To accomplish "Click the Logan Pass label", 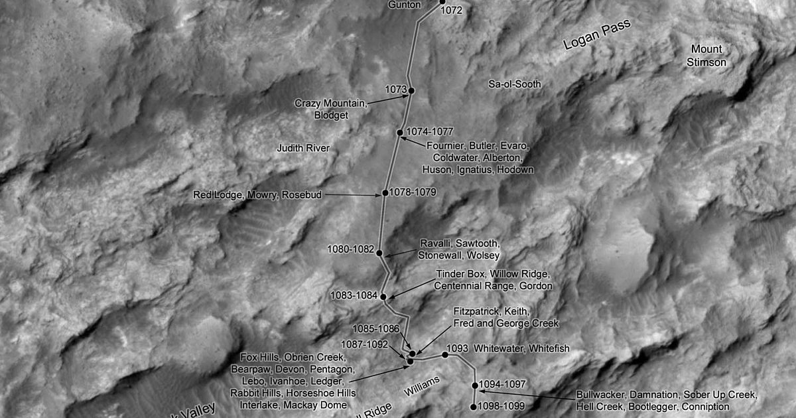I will click(x=596, y=35).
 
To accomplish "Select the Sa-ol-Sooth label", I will click(x=515, y=84).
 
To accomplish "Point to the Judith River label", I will click(x=303, y=148).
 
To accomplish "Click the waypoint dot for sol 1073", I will click(x=411, y=90).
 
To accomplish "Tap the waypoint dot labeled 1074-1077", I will click(x=400, y=133).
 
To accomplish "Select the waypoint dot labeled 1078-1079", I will click(x=385, y=194).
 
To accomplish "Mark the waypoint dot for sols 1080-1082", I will click(x=379, y=253).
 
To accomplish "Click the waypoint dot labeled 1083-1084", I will click(x=383, y=297).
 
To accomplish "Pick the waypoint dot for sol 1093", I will click(x=445, y=355).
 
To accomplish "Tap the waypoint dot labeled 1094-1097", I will click(x=475, y=385).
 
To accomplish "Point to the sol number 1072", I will click(x=450, y=11).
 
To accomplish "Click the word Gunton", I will click(x=404, y=5).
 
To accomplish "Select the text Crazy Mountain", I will click(x=330, y=104).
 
